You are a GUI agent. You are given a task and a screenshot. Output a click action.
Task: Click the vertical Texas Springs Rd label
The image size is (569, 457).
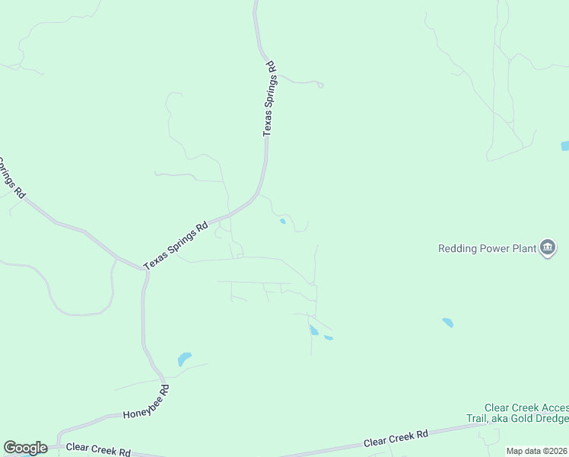tap(271, 100)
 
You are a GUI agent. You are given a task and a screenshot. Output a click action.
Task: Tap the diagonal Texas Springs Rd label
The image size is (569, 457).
tap(176, 244)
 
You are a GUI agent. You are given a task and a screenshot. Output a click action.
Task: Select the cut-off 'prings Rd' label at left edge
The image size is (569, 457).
tap(11, 177)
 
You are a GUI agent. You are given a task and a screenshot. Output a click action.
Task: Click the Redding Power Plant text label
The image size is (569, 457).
tap(486, 248)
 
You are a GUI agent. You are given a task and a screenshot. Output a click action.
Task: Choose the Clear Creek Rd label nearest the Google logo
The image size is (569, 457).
tap(98, 450)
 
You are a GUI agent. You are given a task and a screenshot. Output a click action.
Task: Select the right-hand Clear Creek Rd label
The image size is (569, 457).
tap(396, 438)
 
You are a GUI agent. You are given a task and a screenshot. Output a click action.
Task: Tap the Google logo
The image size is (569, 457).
tap(25, 448)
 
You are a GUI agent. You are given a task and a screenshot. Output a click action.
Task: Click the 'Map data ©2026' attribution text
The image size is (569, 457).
tap(537, 451)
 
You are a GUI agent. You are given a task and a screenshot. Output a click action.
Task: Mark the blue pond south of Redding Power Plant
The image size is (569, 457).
tap(447, 323)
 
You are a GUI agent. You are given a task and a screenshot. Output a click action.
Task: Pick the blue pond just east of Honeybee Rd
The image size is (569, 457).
tap(184, 358)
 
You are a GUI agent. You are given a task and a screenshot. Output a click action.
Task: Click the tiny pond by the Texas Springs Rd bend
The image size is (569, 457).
tap(283, 222)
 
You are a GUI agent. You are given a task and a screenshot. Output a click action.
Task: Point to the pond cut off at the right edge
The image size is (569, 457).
tap(564, 145)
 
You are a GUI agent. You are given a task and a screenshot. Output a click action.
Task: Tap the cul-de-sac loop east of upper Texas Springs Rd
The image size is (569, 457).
tap(320, 85)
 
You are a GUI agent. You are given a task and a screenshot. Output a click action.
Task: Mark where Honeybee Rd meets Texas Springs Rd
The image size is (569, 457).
tap(145, 270)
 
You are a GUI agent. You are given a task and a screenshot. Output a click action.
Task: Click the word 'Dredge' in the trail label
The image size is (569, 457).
tap(551, 419)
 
